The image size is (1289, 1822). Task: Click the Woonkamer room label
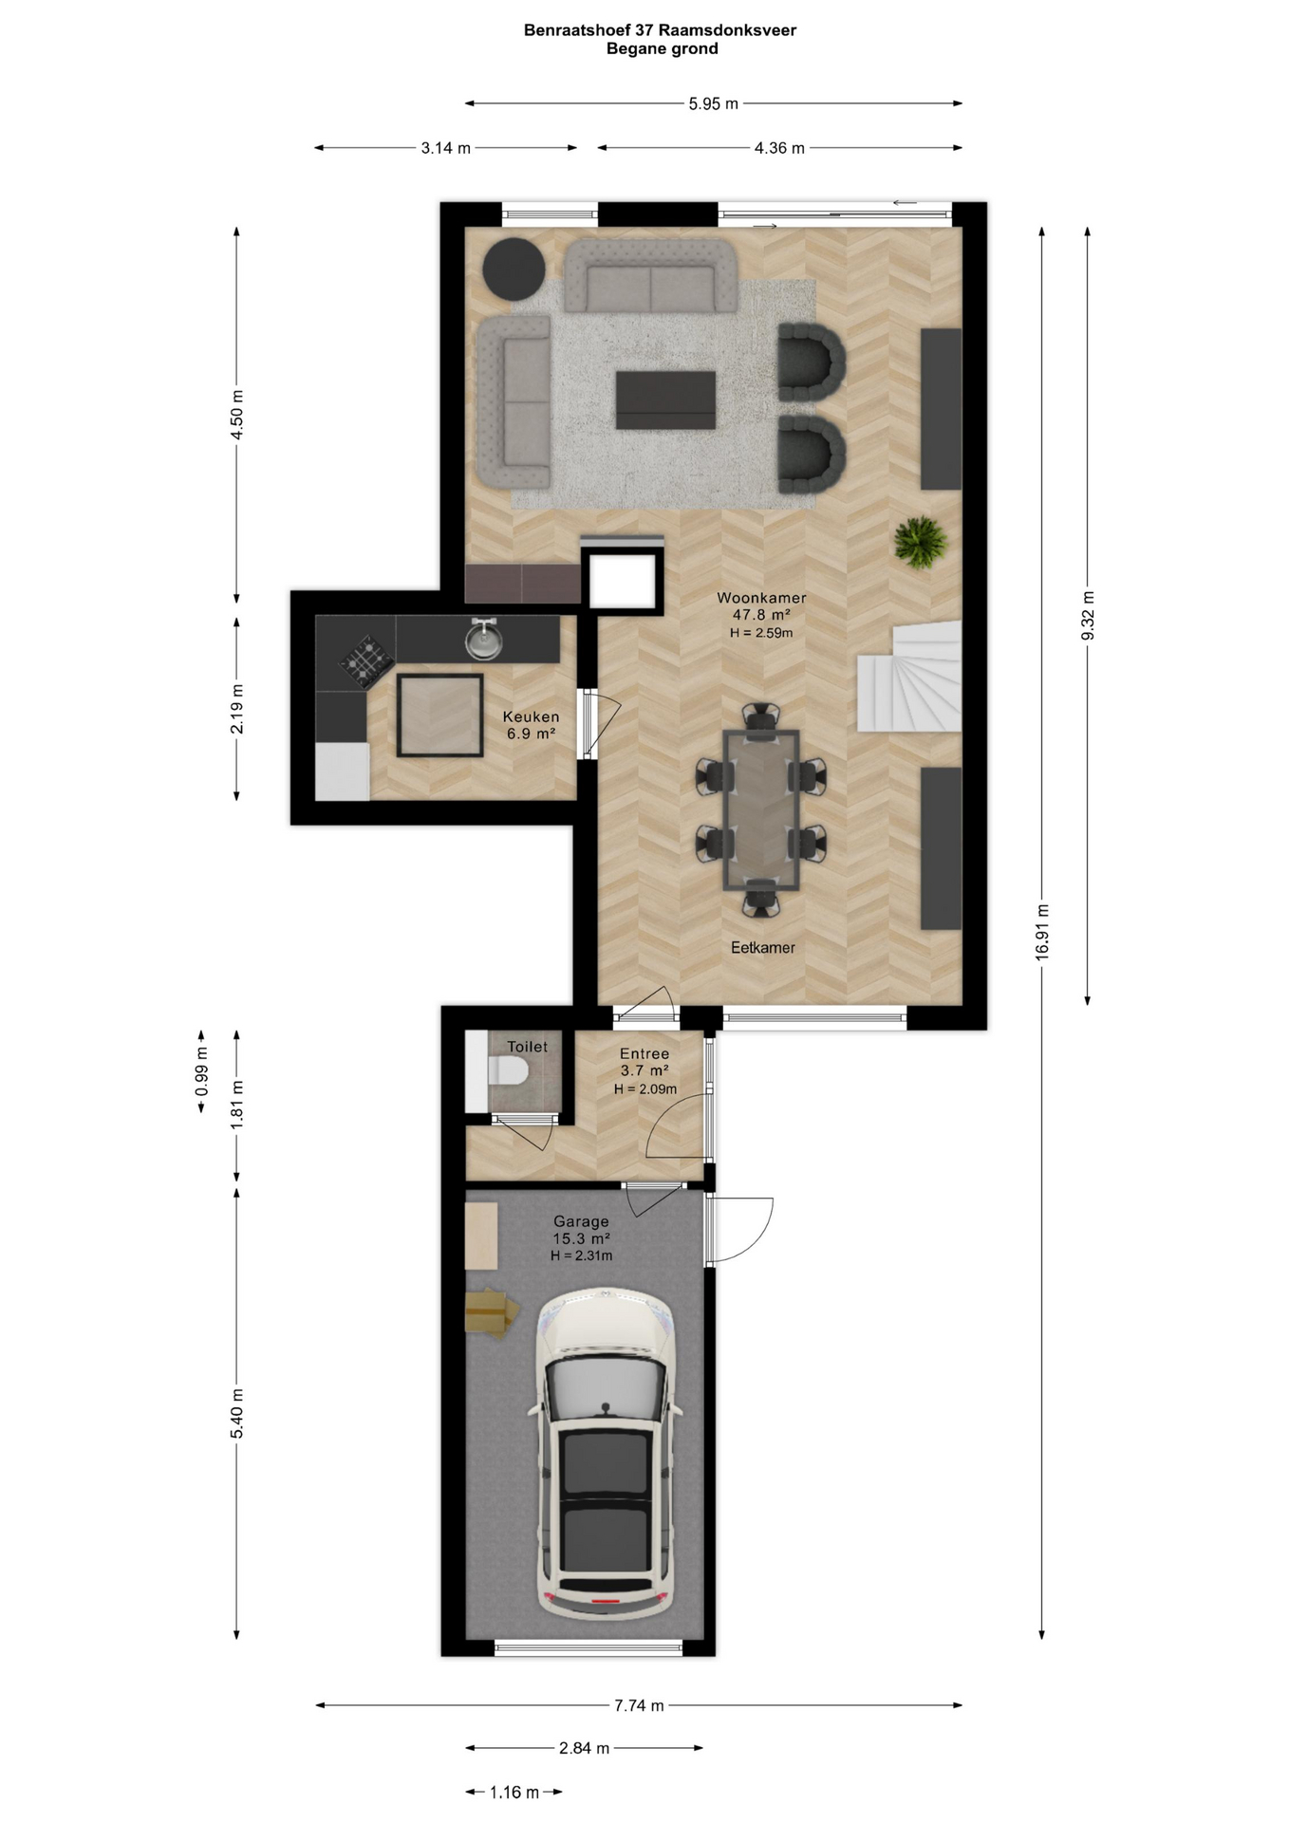click(x=761, y=598)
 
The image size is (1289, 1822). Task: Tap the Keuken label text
click(x=531, y=716)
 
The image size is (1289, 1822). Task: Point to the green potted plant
click(x=920, y=542)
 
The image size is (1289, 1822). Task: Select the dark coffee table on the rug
click(x=665, y=400)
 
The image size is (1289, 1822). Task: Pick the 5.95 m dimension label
click(x=714, y=104)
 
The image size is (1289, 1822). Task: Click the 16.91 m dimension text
click(x=1042, y=932)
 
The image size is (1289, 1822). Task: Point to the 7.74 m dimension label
click(x=639, y=1705)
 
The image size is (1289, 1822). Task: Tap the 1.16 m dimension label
click(x=514, y=1793)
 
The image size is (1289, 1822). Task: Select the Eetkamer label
click(x=763, y=947)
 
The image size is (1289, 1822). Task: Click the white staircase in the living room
click(x=909, y=677)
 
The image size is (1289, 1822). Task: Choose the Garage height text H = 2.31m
click(x=581, y=1255)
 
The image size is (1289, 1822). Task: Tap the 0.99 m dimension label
click(x=201, y=1071)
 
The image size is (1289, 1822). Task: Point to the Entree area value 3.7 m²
click(x=644, y=1070)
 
